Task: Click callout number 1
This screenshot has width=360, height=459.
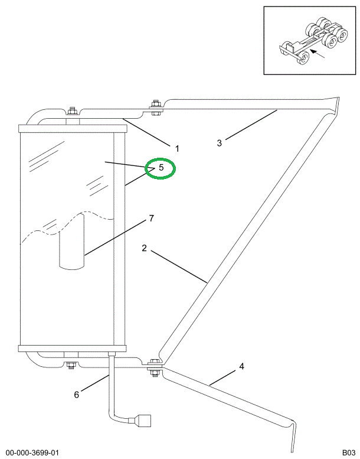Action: pos(176,149)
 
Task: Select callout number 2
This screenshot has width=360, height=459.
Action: pos(144,248)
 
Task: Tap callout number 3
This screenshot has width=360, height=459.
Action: pos(220,143)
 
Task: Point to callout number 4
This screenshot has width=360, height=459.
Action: pos(241,366)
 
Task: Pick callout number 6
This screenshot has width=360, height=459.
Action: pos(76,395)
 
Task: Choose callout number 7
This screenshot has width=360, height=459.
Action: pos(151,219)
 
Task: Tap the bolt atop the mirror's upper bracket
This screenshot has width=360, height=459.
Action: pos(71,112)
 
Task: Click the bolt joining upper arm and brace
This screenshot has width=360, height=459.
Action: pos(155,108)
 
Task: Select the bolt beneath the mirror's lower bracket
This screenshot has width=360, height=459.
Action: pos(70,365)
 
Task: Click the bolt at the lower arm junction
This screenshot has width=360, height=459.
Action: pos(154,367)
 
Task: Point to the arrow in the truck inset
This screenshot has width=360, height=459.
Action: pos(318,54)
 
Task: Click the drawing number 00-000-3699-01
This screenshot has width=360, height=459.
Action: pos(32,453)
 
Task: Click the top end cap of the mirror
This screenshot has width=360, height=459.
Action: pos(73,129)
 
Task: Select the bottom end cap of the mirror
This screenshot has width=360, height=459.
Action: pos(73,348)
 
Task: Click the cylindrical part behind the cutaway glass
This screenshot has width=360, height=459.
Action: pos(71,242)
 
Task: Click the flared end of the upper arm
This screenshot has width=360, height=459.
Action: pos(333,105)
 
